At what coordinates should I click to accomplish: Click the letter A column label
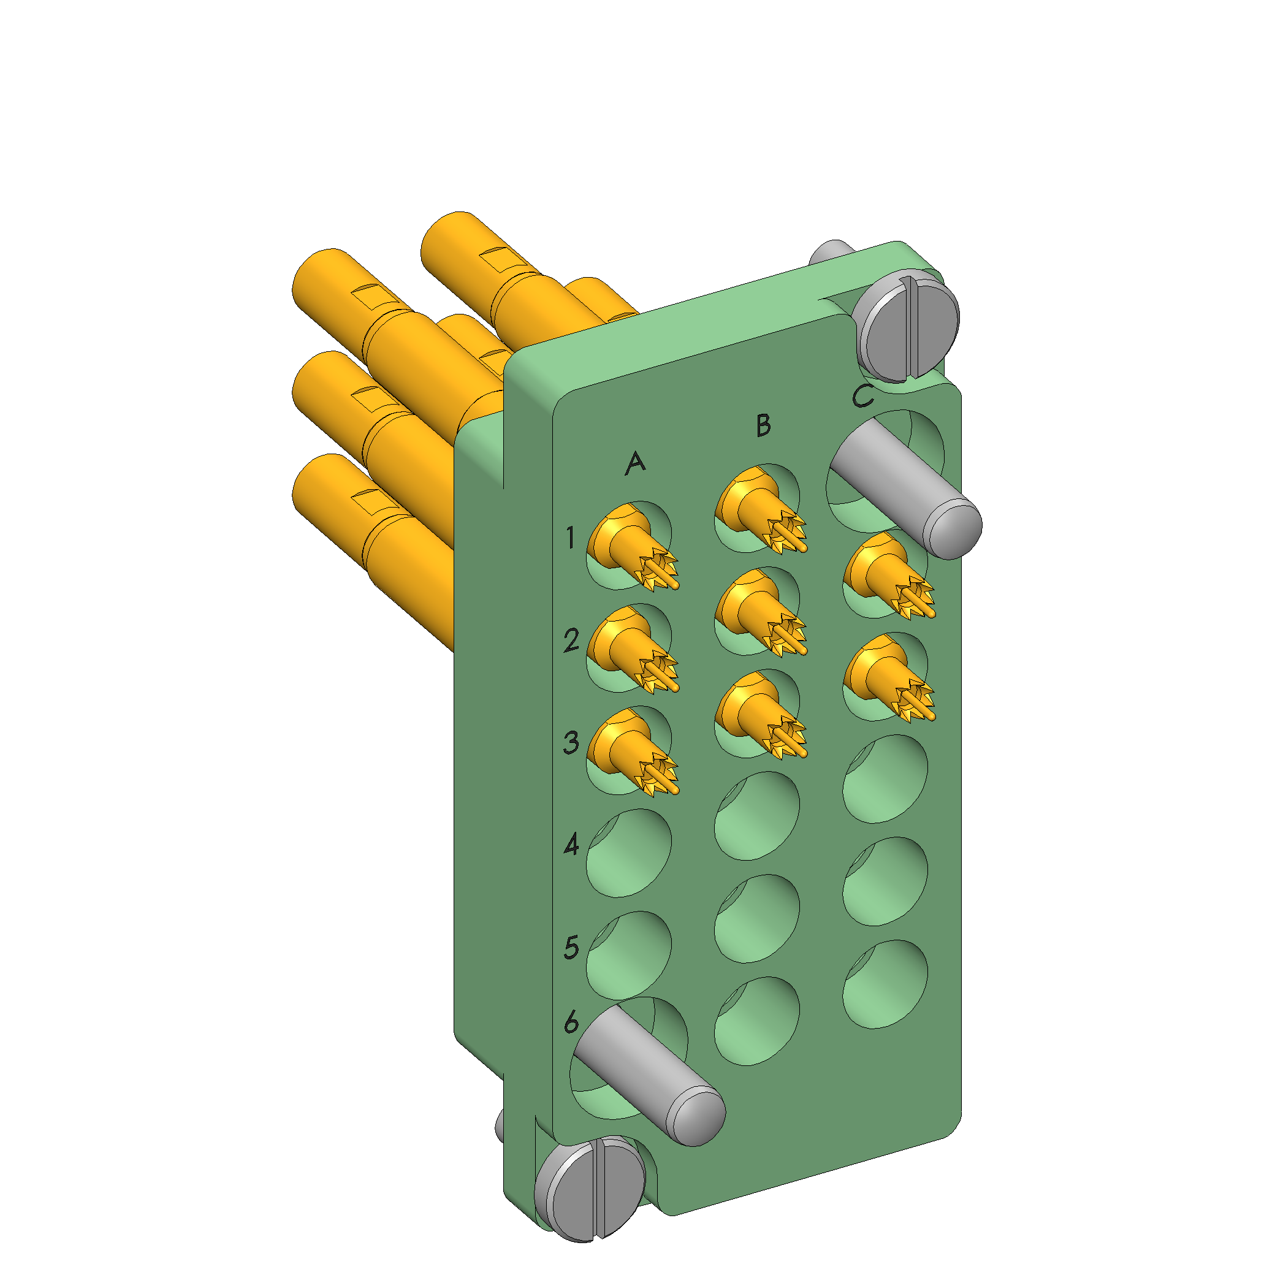coord(635,463)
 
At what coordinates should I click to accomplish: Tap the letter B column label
coord(764,425)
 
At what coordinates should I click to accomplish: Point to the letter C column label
coord(862,396)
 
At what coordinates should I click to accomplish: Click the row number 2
coord(571,640)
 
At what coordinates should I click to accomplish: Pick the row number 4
coord(571,844)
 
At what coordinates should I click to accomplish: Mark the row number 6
coord(571,1022)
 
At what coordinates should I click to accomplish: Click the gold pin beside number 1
coord(632,547)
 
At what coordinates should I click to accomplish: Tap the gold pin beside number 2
coord(632,649)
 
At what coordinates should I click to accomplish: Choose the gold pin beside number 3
coord(632,752)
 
